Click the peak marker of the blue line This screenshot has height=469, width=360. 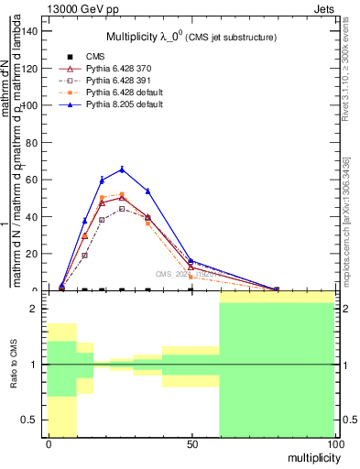pos(122,169)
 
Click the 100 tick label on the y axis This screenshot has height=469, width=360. pos(28,105)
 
